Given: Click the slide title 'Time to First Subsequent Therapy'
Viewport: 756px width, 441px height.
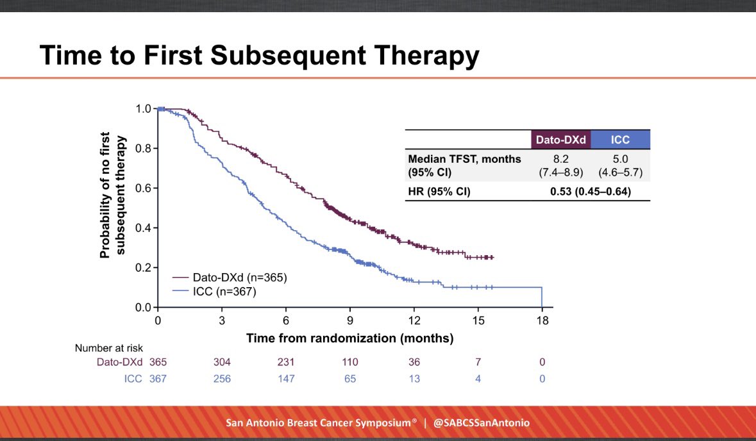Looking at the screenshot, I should point(258,56).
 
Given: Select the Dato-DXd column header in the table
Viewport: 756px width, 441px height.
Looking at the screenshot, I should point(560,140).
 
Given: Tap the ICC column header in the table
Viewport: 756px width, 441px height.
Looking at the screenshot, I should point(620,140).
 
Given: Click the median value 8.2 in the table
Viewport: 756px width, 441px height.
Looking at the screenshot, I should point(560,158).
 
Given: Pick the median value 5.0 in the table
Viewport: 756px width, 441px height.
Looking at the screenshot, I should point(620,158).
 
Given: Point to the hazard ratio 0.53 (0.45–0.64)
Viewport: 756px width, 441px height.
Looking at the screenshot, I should point(591,191).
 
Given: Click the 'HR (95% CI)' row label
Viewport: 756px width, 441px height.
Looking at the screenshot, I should point(439,191).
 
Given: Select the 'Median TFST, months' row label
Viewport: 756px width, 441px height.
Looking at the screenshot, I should point(464,158).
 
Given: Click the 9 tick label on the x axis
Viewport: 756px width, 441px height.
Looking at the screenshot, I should point(350,320).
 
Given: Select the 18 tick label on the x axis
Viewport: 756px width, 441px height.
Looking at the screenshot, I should point(542,320).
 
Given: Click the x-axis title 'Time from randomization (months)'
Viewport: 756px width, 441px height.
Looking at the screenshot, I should point(350,338).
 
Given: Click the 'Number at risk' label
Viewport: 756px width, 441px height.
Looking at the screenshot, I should point(104,349).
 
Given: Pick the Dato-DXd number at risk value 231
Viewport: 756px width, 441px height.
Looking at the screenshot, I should point(286,362).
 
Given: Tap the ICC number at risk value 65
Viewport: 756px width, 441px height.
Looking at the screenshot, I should point(350,379).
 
